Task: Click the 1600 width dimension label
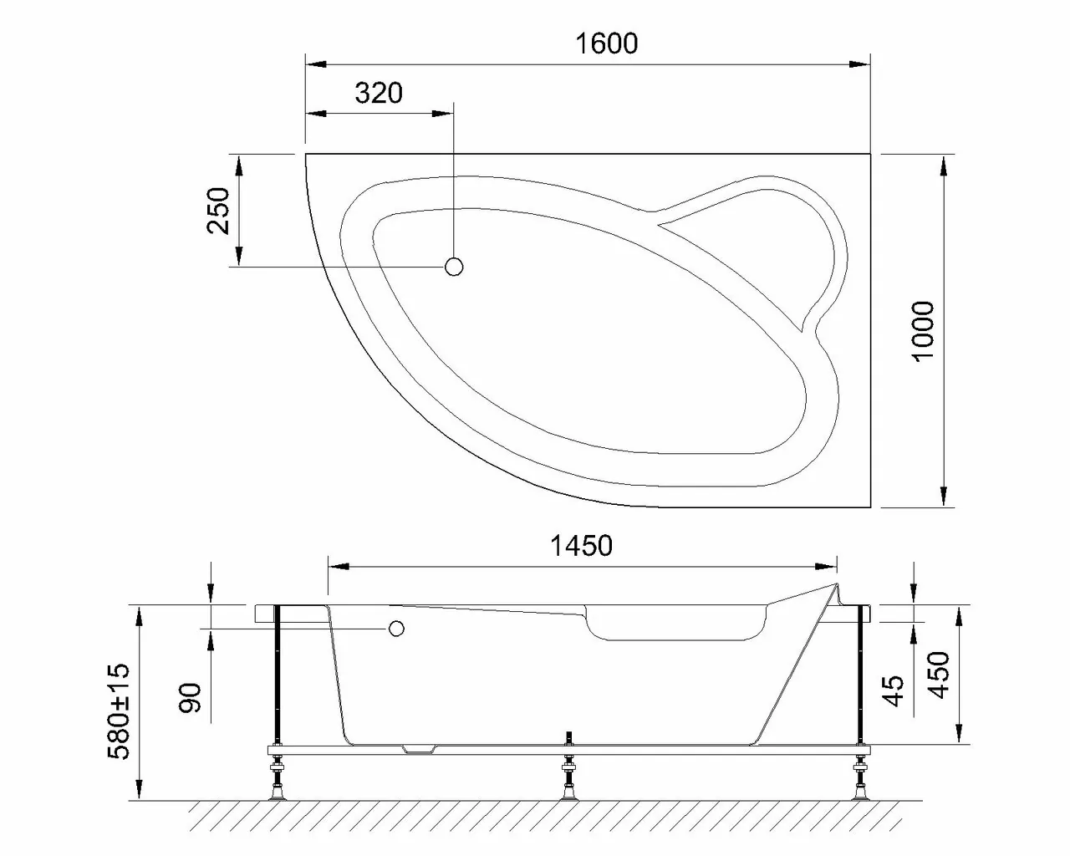(x=607, y=43)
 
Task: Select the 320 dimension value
(x=379, y=93)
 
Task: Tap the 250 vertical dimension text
(x=218, y=211)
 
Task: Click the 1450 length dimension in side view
(x=581, y=546)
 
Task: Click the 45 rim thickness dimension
(x=895, y=691)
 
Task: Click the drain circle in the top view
(x=454, y=267)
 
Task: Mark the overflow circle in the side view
(x=395, y=628)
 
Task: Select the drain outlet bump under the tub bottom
(x=420, y=750)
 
